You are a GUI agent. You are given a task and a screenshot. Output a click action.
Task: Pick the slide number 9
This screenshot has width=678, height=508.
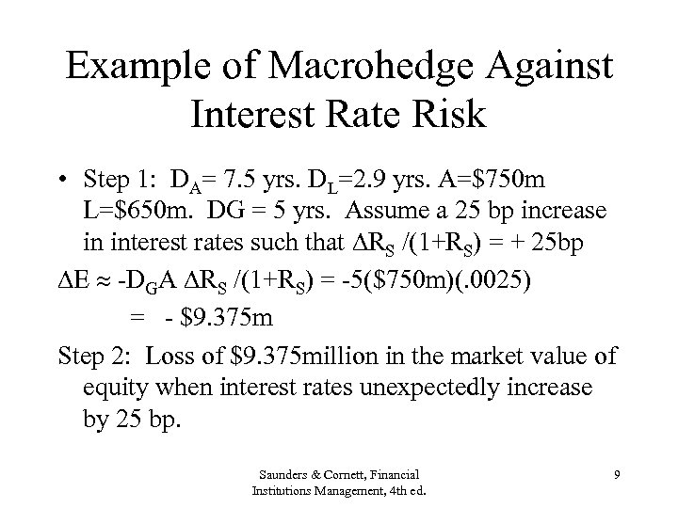click(616, 476)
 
